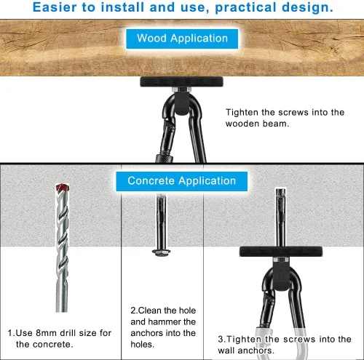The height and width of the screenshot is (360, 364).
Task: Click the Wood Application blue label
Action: (182, 39)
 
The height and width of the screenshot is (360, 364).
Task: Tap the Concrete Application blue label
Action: (182, 181)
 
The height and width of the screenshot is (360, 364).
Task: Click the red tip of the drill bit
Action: (63, 188)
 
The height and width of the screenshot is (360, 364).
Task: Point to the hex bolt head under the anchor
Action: (161, 252)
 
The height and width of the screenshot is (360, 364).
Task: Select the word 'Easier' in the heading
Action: (55, 7)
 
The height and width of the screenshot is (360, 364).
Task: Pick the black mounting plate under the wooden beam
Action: (181, 81)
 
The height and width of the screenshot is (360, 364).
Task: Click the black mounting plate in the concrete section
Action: (281, 252)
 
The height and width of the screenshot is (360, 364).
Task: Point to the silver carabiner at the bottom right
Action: (278, 344)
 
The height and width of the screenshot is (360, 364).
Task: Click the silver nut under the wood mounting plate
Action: (181, 89)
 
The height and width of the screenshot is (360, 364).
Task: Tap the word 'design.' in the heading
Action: (307, 7)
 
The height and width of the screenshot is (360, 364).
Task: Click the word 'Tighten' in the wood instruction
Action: (242, 113)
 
